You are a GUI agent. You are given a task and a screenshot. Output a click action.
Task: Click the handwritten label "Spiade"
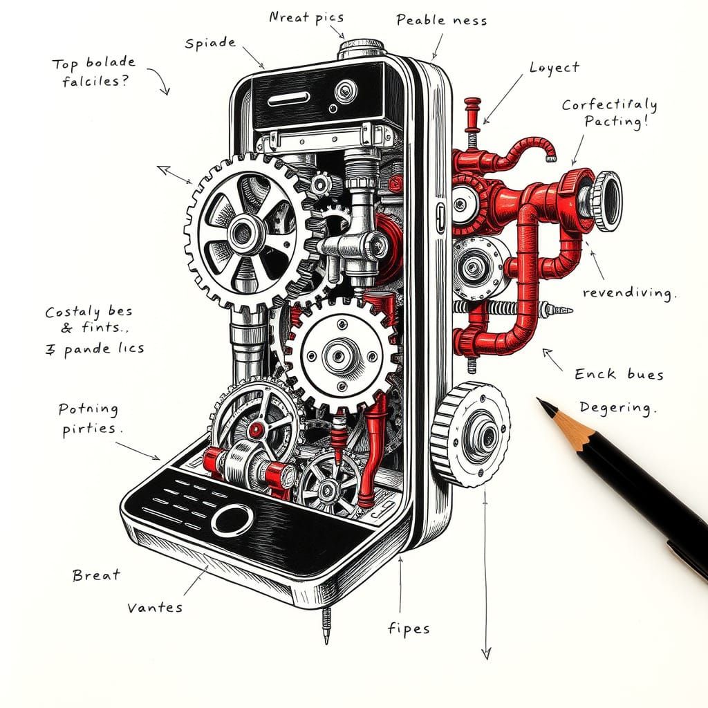click(210, 43)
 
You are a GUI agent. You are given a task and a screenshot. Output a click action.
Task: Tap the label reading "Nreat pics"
click(306, 17)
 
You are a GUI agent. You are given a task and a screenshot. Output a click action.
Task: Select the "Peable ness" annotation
click(441, 20)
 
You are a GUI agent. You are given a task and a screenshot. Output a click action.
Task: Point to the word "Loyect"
click(554, 68)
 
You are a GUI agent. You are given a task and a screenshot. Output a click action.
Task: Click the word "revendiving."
click(628, 293)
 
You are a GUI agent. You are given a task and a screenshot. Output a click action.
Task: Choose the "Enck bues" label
click(619, 375)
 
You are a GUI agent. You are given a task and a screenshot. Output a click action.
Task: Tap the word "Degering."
click(617, 407)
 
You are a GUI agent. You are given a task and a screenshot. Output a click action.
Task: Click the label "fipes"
click(408, 628)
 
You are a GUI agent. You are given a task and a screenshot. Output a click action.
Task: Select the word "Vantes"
click(155, 608)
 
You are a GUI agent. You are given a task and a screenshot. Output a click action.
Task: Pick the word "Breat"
click(96, 575)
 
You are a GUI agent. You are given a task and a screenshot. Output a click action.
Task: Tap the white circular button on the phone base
click(232, 519)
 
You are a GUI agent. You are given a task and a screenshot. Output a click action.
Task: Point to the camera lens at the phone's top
click(345, 89)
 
